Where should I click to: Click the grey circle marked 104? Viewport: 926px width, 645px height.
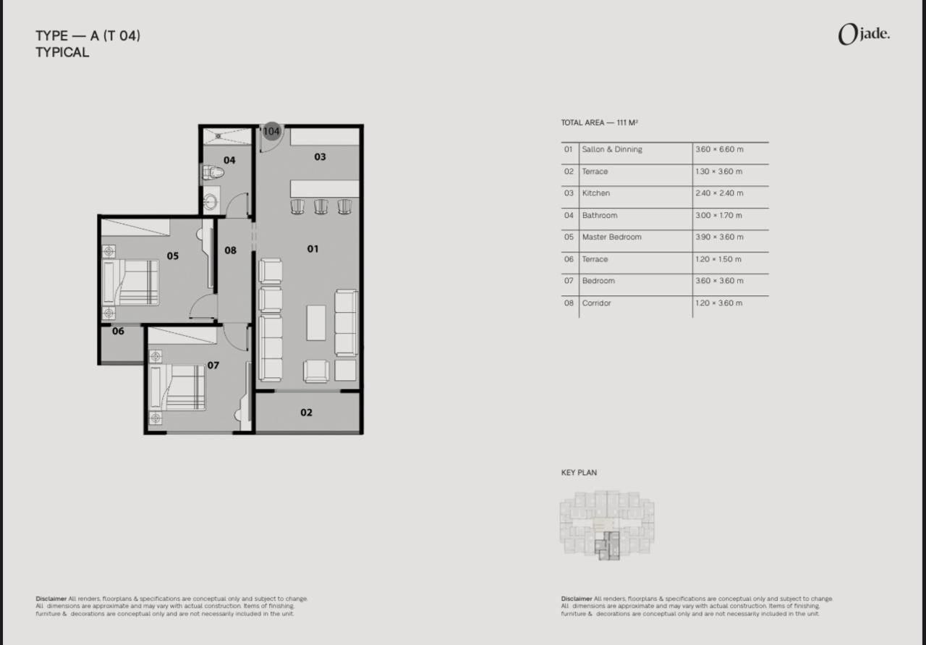[x=271, y=131]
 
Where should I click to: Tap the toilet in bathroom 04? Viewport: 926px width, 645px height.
[x=213, y=172]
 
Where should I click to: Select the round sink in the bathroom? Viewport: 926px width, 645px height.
[x=211, y=202]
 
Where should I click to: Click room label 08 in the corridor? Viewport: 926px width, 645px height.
[x=230, y=250]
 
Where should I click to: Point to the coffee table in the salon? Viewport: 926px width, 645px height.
[x=316, y=323]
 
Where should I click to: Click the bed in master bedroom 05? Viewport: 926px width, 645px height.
[x=130, y=282]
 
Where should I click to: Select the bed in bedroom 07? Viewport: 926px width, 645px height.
[x=177, y=387]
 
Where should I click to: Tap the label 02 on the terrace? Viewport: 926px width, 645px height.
[x=306, y=413]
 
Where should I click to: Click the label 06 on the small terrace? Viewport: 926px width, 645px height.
[x=118, y=331]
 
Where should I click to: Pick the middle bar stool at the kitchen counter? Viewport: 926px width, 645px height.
[x=320, y=206]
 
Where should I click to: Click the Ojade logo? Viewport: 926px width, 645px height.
[x=864, y=34]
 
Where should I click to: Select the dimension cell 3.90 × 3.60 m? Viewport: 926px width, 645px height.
[x=719, y=237]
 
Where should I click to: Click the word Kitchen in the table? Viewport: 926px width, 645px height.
[x=595, y=193]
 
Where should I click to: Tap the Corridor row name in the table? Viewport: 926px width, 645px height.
[x=596, y=303]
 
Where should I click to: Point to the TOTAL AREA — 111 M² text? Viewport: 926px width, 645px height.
[x=600, y=122]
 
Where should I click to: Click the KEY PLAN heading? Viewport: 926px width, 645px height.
[x=579, y=473]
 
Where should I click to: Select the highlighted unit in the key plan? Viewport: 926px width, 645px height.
[x=608, y=546]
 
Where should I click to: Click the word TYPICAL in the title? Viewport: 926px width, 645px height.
[x=62, y=53]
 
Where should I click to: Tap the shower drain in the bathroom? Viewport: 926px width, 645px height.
[x=218, y=135]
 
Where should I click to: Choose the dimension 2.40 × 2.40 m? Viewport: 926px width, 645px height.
[x=719, y=193]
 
